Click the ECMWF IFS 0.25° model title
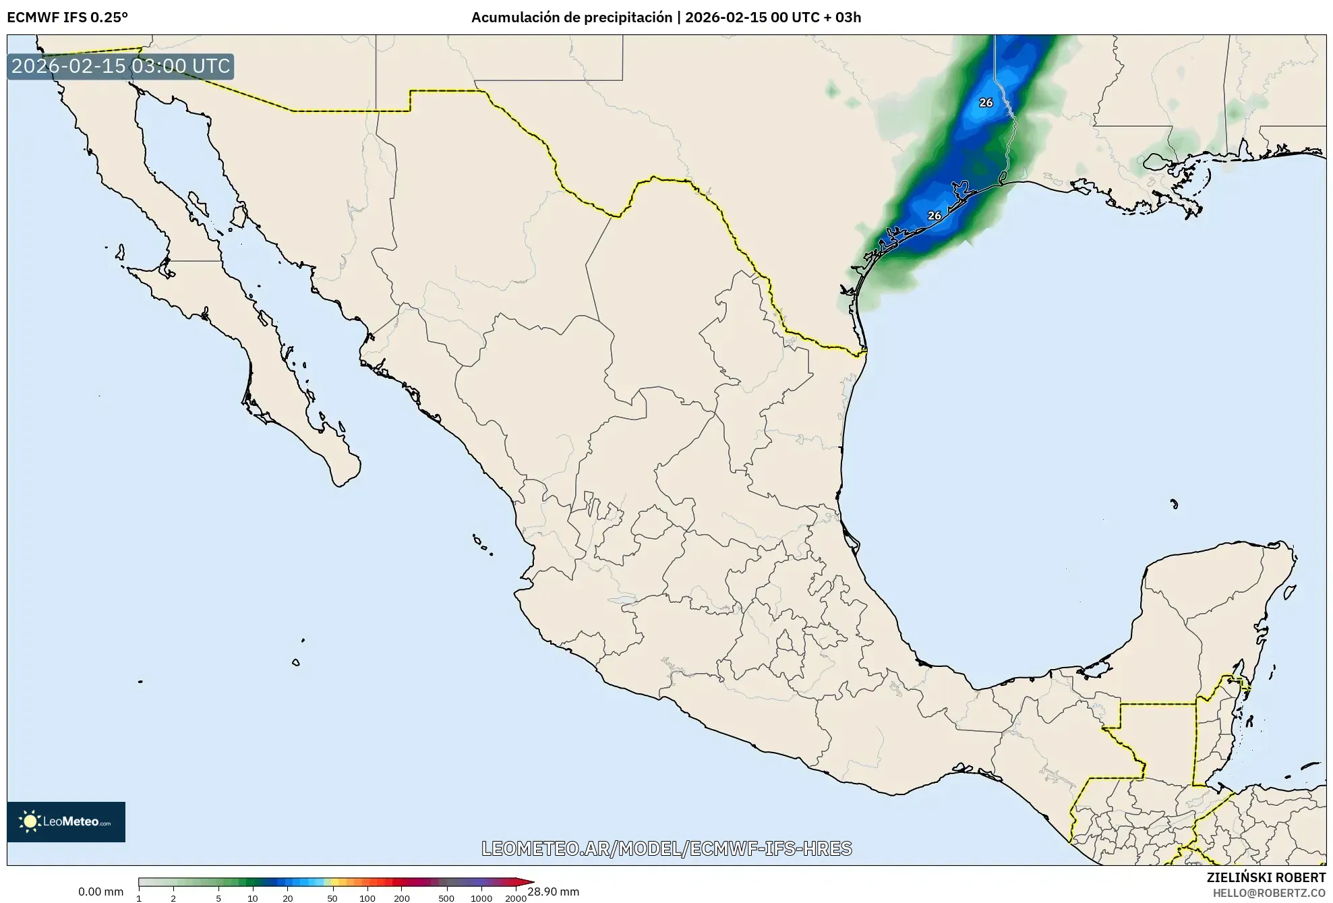(x=67, y=18)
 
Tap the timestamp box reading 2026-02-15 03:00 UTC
(x=121, y=66)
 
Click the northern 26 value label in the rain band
(x=986, y=103)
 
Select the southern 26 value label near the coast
(x=934, y=216)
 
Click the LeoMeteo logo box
(x=66, y=821)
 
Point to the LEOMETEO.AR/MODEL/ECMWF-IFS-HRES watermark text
(x=666, y=848)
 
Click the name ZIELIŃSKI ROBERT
(x=1266, y=877)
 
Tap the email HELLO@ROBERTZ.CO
(x=1269, y=893)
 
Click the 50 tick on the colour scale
(x=332, y=898)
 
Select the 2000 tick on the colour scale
(x=516, y=898)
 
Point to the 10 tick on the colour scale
(x=252, y=898)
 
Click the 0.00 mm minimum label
(x=100, y=892)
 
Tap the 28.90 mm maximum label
(x=554, y=892)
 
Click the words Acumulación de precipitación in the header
(x=571, y=18)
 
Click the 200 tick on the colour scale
(x=402, y=898)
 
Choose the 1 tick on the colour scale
(x=139, y=898)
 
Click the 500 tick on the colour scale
(x=446, y=898)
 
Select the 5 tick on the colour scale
(x=218, y=898)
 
